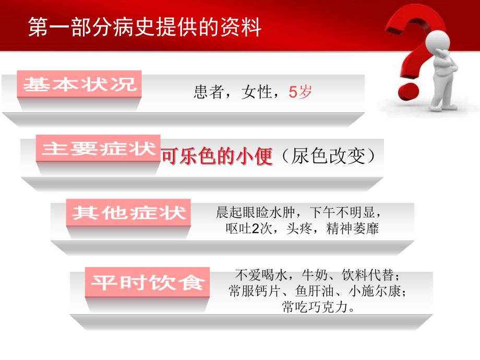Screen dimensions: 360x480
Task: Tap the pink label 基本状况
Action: coord(80,84)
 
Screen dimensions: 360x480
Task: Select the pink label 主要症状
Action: coord(99,149)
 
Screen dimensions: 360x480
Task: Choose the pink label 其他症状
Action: coord(129,213)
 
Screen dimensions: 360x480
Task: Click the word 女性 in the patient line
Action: coord(257,93)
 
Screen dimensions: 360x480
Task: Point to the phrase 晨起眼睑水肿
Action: coord(256,213)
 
